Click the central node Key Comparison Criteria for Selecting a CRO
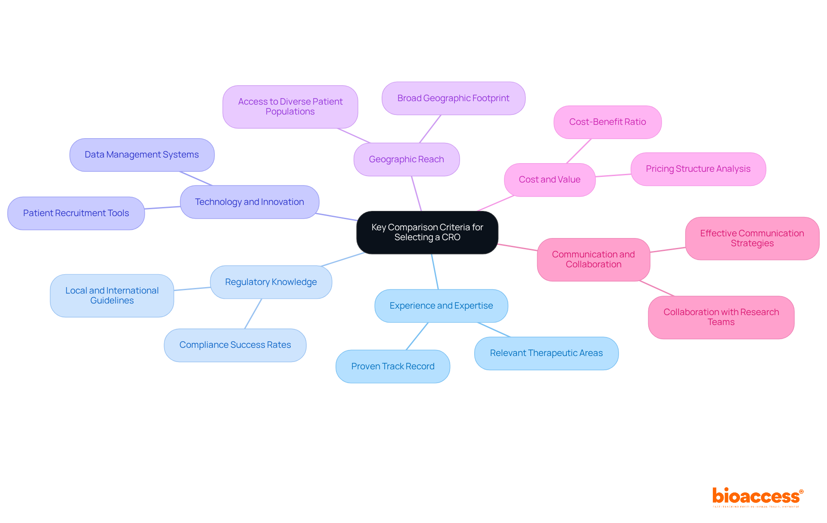[427, 232]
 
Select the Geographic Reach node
[406, 159]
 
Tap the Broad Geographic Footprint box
[453, 98]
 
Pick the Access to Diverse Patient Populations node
[290, 107]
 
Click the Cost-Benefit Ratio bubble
[607, 122]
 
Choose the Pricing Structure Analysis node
[698, 169]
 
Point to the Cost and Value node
[549, 180]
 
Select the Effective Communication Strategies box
[752, 238]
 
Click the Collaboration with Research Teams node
[721, 317]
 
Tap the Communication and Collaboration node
[593, 260]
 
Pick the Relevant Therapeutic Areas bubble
[546, 353]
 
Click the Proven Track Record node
[392, 366]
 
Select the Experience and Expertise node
[441, 306]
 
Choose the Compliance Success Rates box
[235, 345]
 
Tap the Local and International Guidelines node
[112, 296]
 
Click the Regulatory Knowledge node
[270, 282]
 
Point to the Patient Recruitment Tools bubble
[76, 214]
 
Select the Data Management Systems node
[142, 155]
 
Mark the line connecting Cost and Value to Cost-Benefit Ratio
[579, 151]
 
